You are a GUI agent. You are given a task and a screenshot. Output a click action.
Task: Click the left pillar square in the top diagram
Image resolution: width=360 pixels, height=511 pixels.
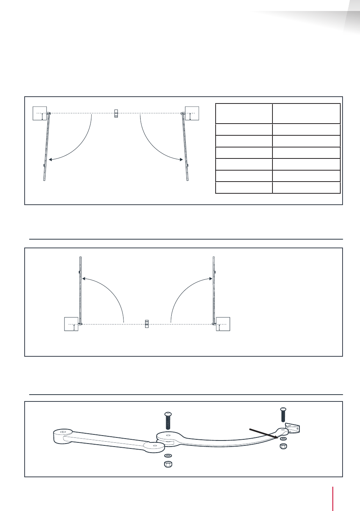tap(39, 113)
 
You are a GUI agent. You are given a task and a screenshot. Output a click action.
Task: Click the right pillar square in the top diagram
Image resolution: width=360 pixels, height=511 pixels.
tap(192, 113)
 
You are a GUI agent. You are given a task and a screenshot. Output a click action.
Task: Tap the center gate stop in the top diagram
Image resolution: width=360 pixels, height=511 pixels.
tap(116, 113)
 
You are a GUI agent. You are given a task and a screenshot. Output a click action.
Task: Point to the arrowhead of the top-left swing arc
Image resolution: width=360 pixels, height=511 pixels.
tap(50, 160)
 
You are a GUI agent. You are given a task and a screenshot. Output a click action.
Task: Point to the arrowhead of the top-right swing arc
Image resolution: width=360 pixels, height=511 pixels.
tap(182, 160)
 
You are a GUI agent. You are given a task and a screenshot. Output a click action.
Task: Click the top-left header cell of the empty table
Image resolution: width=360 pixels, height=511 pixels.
tap(244, 113)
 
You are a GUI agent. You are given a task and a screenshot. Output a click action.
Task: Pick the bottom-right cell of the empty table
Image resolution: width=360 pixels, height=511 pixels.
tap(306, 188)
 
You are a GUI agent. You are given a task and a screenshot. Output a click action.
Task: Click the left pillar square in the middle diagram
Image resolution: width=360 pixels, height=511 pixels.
tap(71, 324)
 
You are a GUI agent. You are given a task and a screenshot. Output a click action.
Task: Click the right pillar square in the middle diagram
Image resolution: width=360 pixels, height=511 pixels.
tap(223, 324)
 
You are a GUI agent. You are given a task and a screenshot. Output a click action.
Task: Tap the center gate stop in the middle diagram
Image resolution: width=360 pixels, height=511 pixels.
tap(147, 324)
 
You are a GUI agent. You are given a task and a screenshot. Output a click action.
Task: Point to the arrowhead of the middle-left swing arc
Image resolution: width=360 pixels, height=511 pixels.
tap(83, 279)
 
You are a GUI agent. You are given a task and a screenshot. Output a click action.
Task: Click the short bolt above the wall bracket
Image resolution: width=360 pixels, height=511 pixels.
tap(283, 415)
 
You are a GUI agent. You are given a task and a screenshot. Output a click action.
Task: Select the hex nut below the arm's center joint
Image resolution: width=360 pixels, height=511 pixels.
tap(168, 464)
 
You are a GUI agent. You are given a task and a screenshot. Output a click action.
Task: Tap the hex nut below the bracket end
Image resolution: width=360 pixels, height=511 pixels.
tap(283, 447)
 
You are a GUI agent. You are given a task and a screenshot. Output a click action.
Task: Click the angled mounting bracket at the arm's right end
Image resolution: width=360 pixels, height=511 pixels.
tap(293, 428)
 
